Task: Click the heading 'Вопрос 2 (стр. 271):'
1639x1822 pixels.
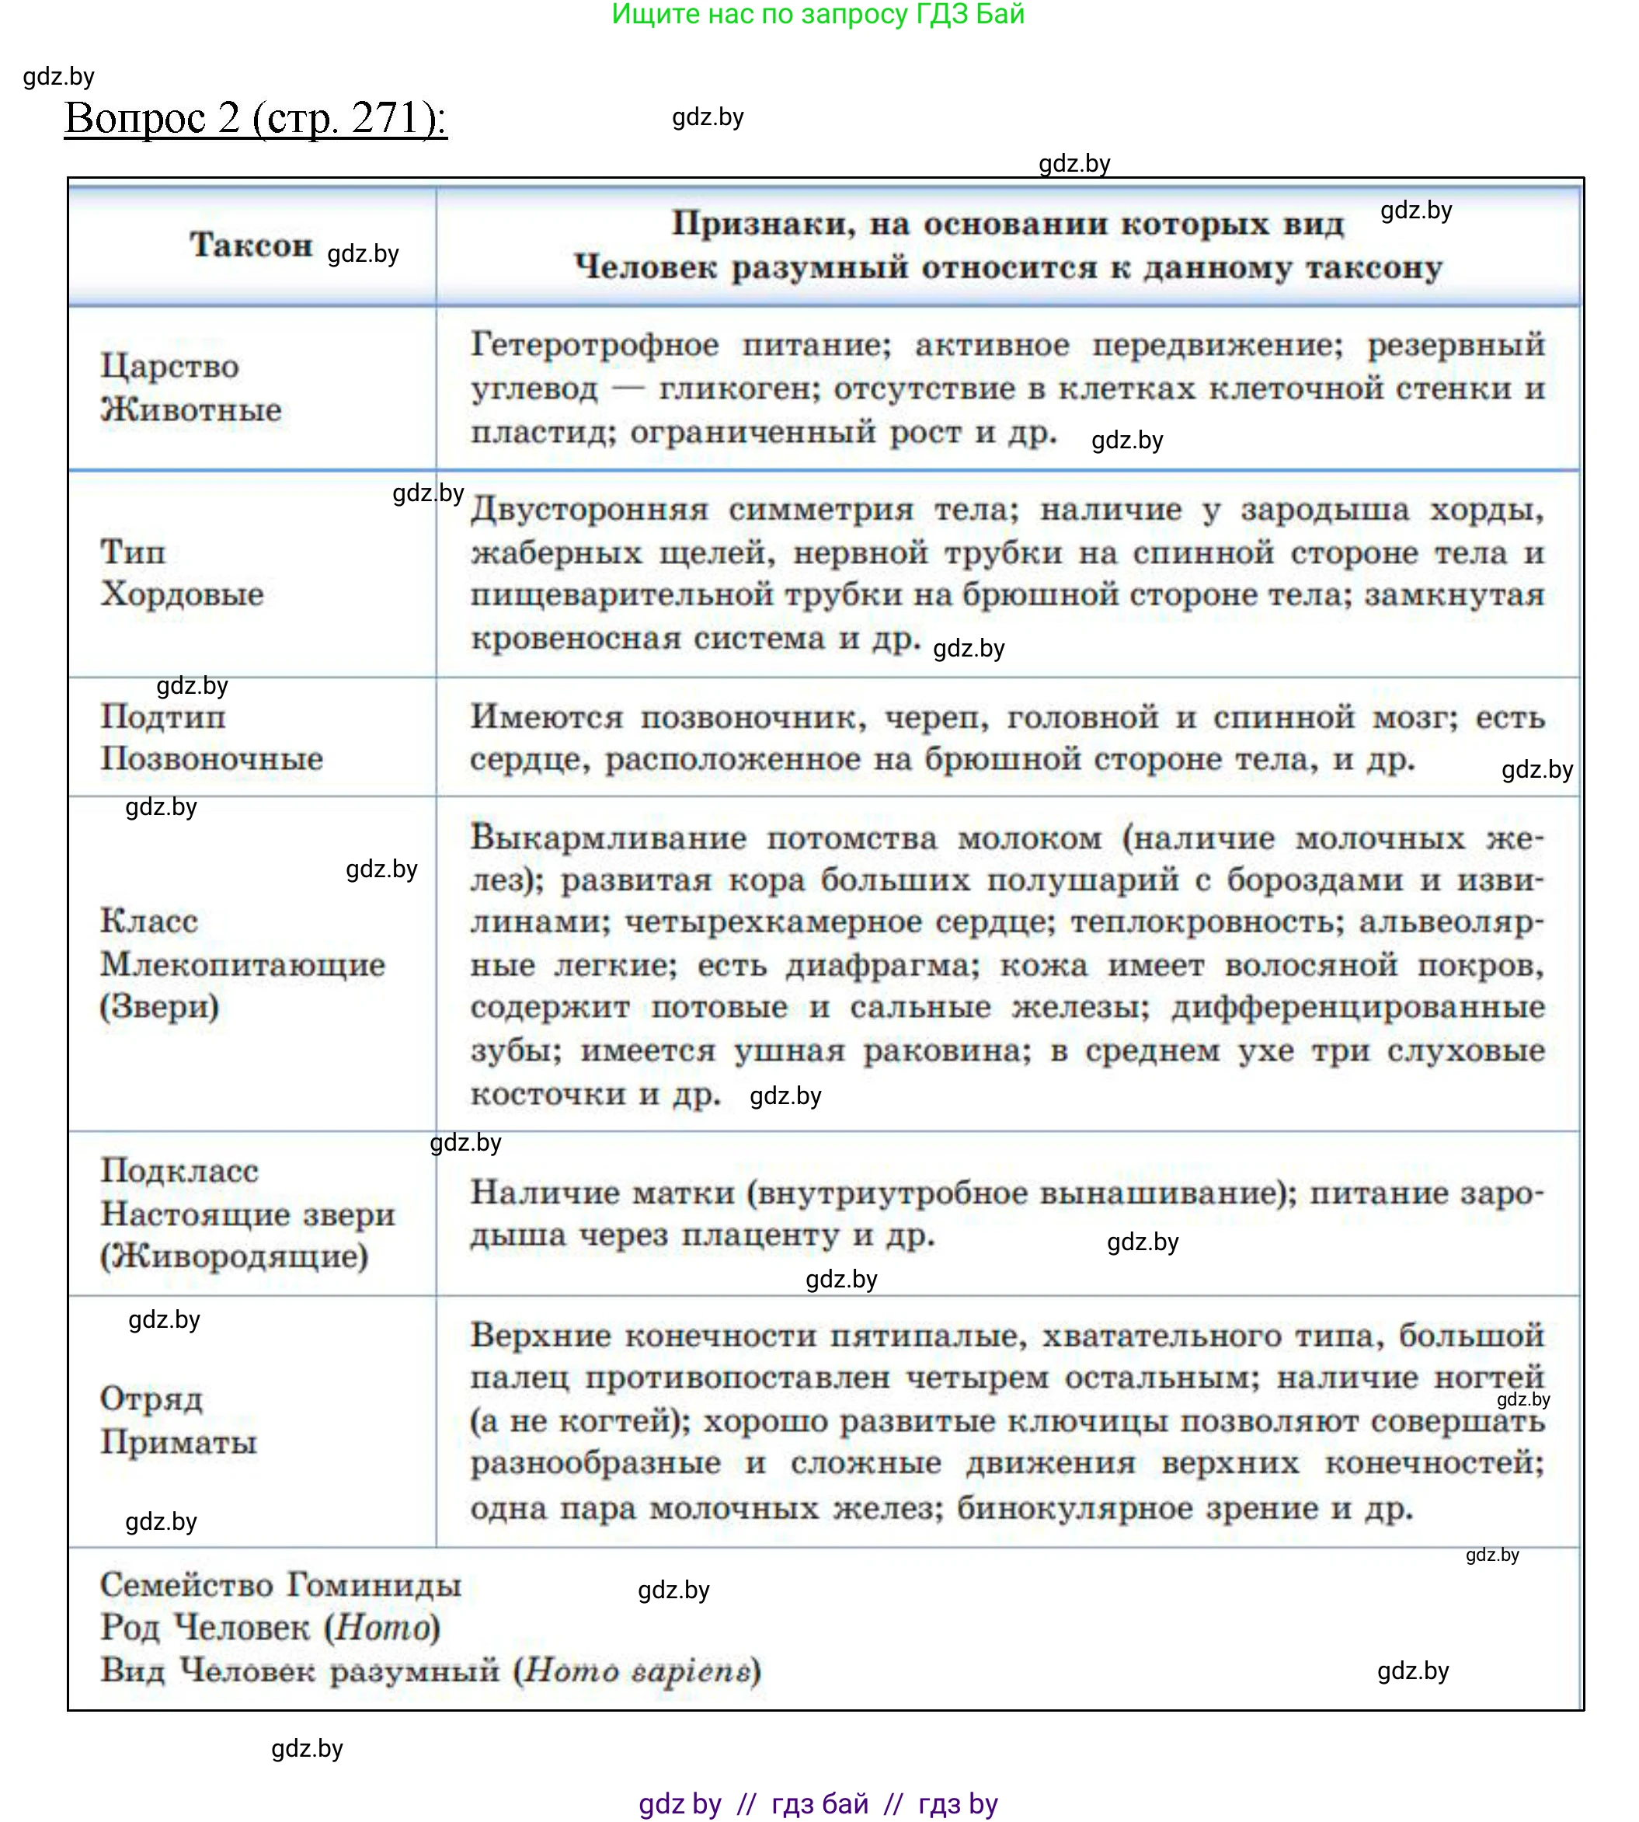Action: coord(256,118)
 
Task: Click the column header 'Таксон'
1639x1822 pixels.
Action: coord(251,245)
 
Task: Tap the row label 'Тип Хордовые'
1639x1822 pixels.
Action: coord(182,573)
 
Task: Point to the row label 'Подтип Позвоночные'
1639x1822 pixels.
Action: coord(211,737)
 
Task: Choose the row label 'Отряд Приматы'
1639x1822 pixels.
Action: coord(179,1420)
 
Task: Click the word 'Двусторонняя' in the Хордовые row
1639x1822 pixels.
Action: coord(589,510)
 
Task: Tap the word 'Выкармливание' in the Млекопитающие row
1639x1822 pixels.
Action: coord(608,838)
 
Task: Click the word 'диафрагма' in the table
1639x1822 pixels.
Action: coord(881,966)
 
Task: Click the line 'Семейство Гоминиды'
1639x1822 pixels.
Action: coord(281,1584)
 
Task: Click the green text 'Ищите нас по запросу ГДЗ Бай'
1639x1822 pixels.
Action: coord(818,15)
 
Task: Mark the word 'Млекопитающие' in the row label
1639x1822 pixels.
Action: coord(242,964)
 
